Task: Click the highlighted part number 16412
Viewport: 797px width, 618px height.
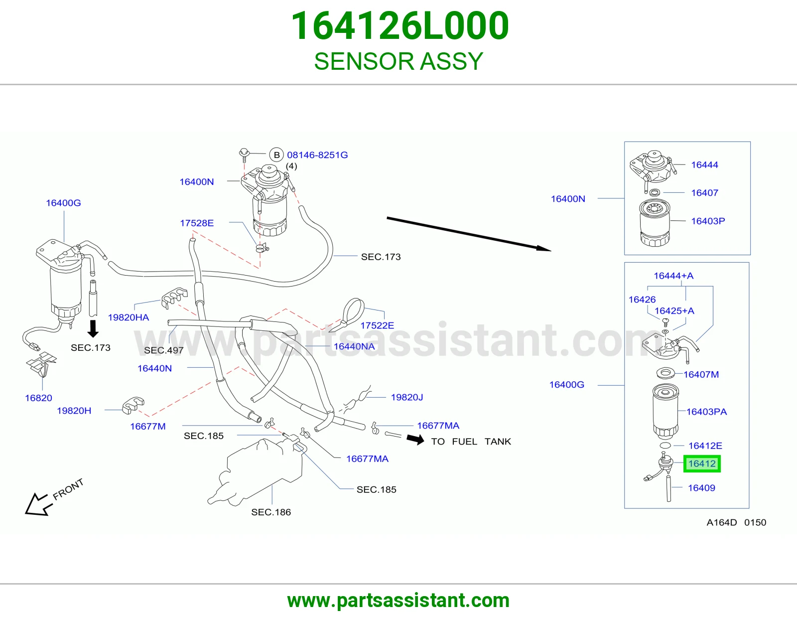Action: click(702, 463)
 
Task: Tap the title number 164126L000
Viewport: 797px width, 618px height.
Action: click(399, 26)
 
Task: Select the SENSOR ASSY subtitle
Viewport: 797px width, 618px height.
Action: click(398, 61)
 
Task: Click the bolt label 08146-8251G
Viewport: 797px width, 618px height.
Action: click(317, 155)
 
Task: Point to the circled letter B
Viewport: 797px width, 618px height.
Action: click(276, 155)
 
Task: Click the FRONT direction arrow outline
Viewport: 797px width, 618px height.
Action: click(38, 504)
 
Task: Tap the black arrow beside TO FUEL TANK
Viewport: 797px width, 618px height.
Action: click(415, 439)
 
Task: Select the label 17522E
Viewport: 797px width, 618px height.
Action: click(377, 325)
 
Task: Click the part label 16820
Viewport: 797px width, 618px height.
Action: click(38, 398)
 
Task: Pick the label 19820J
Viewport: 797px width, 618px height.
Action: click(407, 397)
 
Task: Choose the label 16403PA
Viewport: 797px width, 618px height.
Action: click(706, 412)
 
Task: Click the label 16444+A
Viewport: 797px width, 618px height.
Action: click(674, 276)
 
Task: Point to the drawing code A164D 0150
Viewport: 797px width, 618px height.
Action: click(737, 522)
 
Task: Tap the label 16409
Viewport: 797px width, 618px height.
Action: click(702, 488)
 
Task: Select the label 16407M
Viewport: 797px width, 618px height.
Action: click(701, 374)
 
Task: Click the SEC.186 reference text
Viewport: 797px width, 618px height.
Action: click(271, 512)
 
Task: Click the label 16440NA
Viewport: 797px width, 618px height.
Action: click(354, 346)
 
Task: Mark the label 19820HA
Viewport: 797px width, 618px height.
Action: click(129, 317)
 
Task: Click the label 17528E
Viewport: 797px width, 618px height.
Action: click(197, 223)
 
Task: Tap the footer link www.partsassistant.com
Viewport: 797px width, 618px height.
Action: click(398, 601)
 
